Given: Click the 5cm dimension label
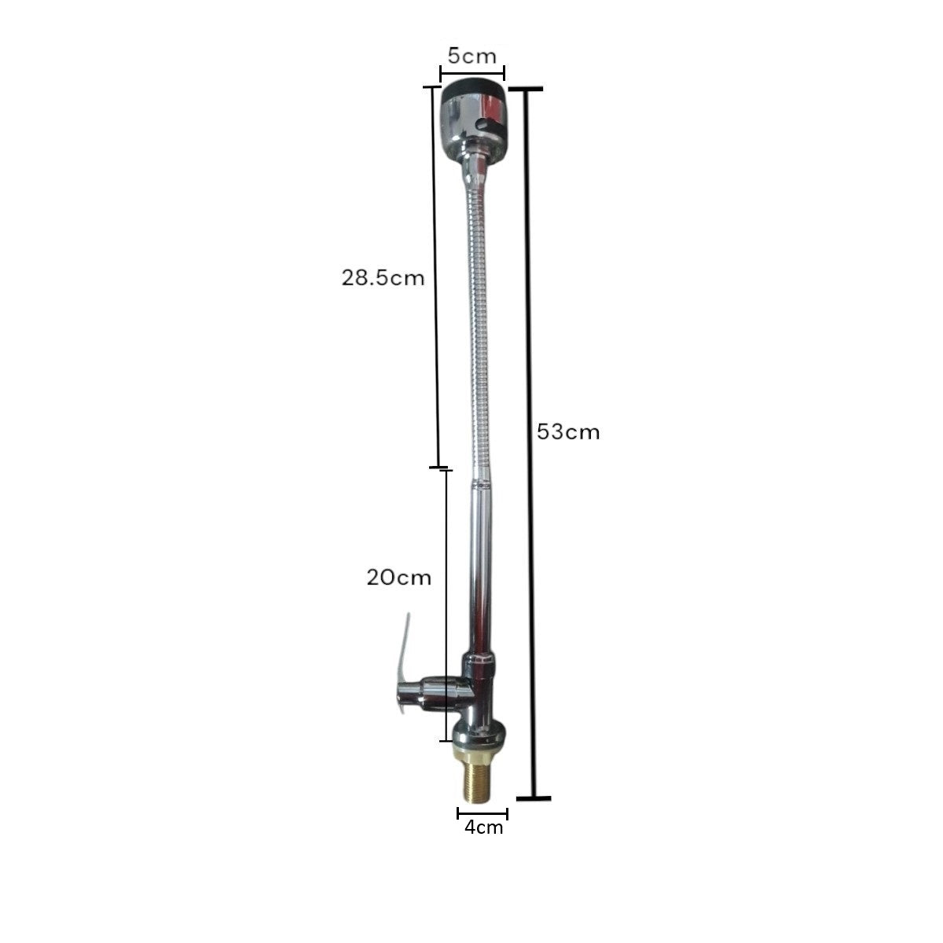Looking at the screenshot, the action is tap(472, 57).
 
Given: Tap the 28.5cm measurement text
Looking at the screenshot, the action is tap(383, 278).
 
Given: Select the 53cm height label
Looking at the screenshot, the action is tap(568, 432).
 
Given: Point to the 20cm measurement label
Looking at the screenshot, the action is tap(399, 578).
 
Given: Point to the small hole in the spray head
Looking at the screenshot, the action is tap(485, 125).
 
